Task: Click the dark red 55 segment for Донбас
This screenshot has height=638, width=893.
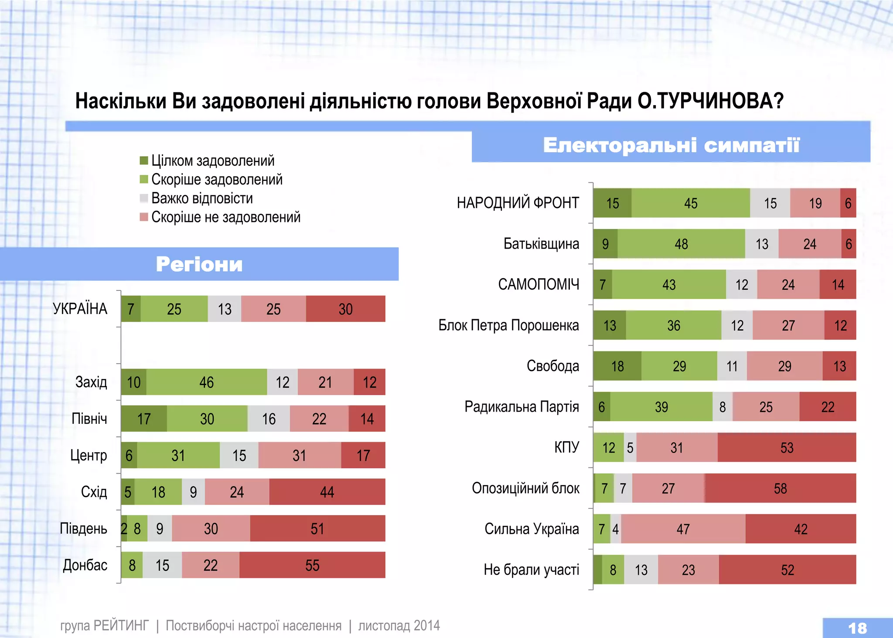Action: click(312, 565)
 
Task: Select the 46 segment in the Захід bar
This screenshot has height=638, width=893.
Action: click(206, 382)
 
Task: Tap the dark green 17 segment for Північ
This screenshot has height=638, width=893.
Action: click(144, 419)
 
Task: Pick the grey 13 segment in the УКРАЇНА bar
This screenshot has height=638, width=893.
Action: click(225, 309)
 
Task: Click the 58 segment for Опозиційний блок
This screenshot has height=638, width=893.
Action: click(780, 488)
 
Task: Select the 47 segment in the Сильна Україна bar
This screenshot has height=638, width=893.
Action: click(683, 529)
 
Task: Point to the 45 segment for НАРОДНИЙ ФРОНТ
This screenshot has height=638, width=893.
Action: click(691, 203)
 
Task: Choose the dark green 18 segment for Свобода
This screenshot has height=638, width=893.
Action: click(617, 366)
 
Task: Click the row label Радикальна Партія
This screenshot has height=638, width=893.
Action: click(521, 406)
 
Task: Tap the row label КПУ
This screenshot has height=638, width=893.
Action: click(566, 447)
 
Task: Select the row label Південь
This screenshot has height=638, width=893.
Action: click(83, 528)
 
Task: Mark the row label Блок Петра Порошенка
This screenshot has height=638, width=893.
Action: click(508, 325)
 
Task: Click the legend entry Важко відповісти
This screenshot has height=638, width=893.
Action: click(202, 198)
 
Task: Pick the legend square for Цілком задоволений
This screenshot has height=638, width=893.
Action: click(144, 160)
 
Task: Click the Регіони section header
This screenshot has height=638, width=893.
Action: click(199, 264)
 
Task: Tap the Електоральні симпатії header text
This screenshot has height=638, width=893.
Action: click(671, 145)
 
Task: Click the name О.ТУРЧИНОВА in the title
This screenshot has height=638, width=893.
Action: click(710, 101)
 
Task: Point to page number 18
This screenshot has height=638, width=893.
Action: click(857, 628)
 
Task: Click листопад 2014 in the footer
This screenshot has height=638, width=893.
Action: click(399, 625)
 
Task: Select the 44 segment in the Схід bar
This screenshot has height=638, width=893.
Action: click(327, 492)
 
